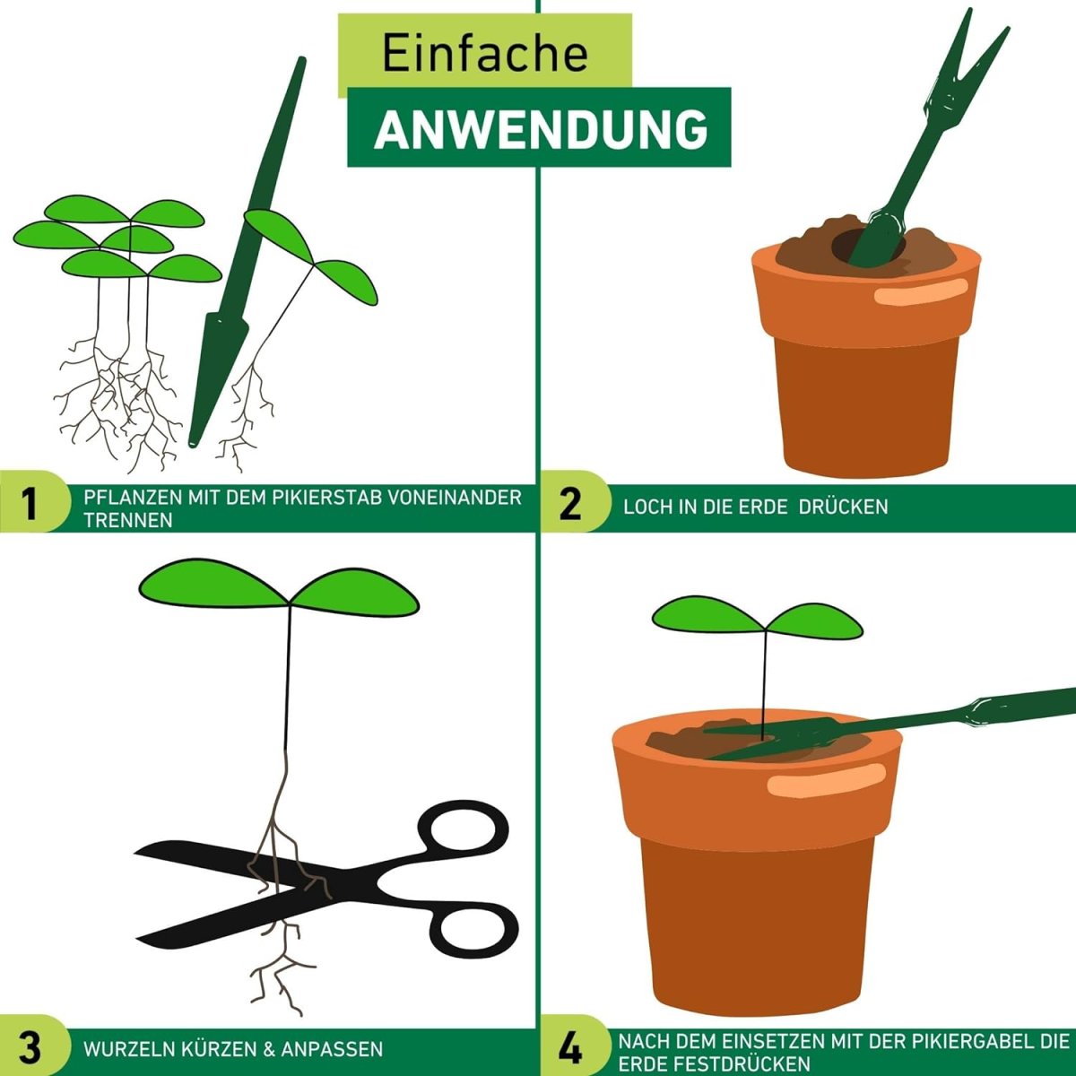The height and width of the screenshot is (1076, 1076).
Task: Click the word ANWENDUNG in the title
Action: click(x=541, y=129)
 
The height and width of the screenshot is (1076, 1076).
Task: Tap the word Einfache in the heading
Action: click(x=485, y=54)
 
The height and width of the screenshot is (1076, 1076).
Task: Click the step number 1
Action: click(x=29, y=502)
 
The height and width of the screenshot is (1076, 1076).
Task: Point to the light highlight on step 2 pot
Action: click(x=920, y=292)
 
